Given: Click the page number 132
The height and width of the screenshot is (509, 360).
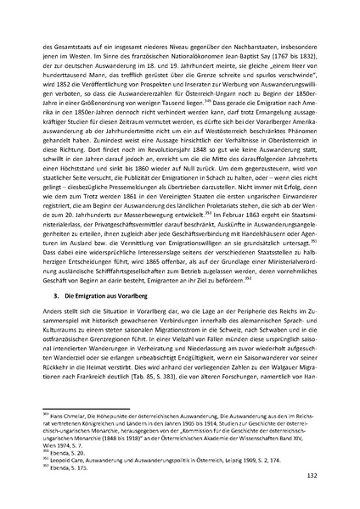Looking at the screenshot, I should [312, 478].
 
